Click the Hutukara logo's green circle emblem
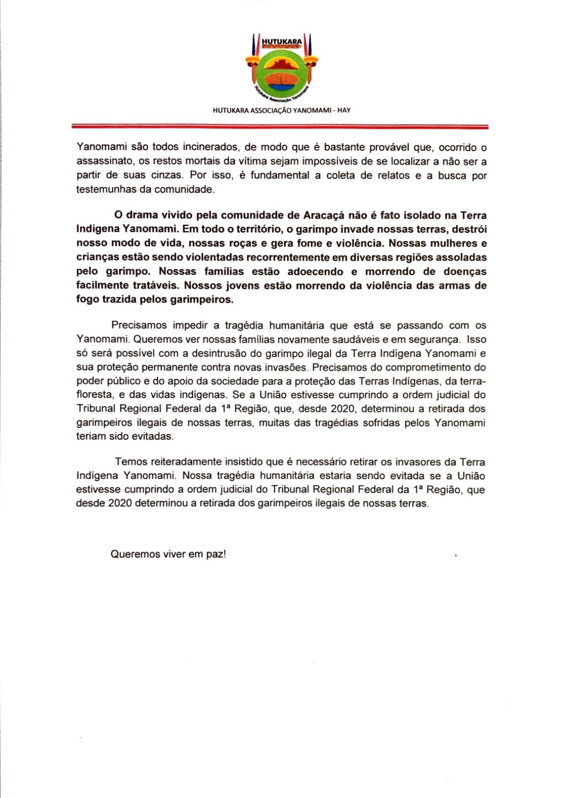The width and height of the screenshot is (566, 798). point(282,73)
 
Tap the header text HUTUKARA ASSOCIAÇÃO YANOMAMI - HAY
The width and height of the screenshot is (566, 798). point(282,110)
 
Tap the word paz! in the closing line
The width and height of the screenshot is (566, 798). point(216,555)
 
